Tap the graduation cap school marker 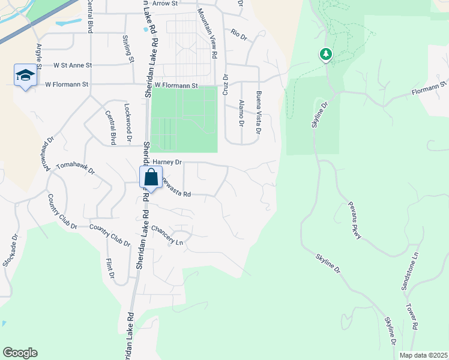(x=25, y=76)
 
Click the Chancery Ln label (x=167, y=236)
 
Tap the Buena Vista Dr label (x=259, y=113)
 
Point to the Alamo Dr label (x=242, y=113)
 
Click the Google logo (x=20, y=353)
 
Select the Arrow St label (x=166, y=4)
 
